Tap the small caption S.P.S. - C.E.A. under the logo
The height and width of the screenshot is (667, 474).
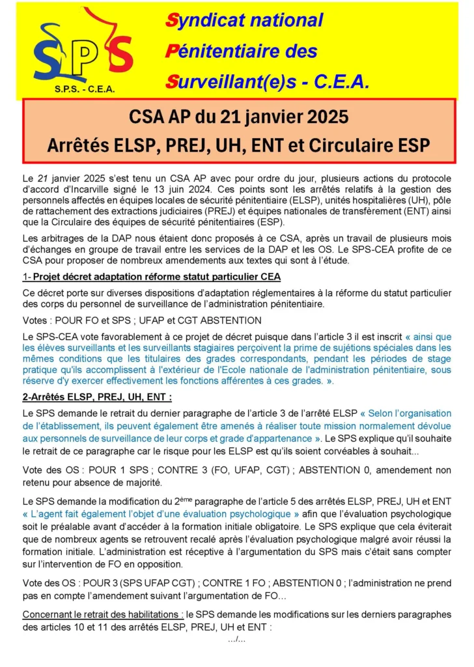coord(82,89)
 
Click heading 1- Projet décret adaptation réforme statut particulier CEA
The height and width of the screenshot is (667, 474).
coord(151,276)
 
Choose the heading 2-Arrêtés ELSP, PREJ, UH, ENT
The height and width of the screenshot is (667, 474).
coord(97,397)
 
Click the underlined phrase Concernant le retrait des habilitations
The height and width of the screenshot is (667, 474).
coord(103,614)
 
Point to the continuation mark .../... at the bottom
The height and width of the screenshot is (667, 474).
coord(236,640)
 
